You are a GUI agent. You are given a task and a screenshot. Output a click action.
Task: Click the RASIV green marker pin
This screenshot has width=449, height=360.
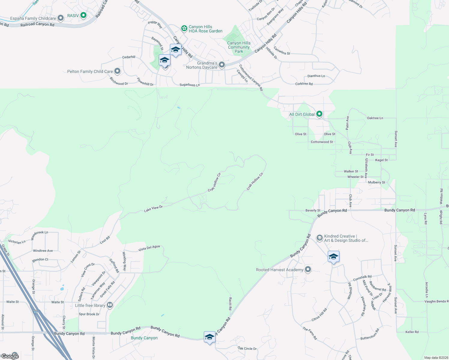83,15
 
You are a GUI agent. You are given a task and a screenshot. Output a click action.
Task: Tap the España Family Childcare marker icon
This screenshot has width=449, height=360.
61,18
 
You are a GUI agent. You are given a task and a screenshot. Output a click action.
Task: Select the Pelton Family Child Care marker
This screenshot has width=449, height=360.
117,71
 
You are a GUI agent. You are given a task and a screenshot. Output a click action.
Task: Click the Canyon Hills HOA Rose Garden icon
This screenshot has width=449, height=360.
184,28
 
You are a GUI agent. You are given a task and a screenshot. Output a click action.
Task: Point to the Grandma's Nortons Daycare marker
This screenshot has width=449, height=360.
222,65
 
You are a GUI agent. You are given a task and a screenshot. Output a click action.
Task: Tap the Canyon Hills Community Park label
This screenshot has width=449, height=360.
239,47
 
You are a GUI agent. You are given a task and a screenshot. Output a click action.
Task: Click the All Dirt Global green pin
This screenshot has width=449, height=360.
319,114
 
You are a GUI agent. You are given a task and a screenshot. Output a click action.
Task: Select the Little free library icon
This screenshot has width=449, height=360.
110,305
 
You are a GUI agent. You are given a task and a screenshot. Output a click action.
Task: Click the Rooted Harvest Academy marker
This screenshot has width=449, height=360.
308,269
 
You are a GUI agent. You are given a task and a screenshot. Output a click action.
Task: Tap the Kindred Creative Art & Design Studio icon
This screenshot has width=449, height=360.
320,238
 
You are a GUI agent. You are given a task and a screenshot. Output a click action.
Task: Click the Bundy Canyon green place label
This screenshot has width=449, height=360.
144,338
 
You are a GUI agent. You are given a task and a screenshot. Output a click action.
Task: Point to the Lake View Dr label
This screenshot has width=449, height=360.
153,208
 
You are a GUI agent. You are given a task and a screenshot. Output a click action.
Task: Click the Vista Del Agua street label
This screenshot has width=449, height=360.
149,248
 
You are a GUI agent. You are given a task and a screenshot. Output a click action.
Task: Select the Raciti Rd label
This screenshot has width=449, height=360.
230,304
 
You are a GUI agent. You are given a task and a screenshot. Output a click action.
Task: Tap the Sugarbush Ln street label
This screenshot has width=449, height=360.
189,85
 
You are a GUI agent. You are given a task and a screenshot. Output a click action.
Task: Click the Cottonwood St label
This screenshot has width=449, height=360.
322,142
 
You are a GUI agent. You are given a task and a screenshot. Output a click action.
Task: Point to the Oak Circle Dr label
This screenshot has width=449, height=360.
247,348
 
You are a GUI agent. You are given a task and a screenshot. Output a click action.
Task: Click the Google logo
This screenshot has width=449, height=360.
10,356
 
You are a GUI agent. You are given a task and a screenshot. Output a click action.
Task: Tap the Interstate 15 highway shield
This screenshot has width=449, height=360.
36,312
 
